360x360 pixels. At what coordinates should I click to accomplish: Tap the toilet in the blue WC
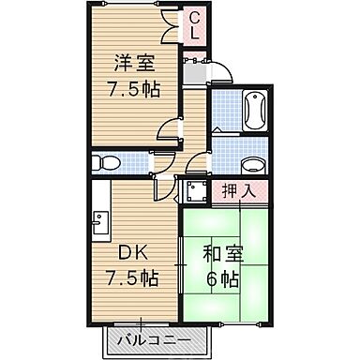click(x=105, y=162)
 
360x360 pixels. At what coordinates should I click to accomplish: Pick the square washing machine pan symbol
click(x=196, y=190)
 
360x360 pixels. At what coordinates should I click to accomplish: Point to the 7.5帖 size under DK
click(x=130, y=279)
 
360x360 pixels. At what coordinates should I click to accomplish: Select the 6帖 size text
click(x=219, y=279)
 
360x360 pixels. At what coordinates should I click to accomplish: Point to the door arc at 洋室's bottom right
click(x=167, y=129)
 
